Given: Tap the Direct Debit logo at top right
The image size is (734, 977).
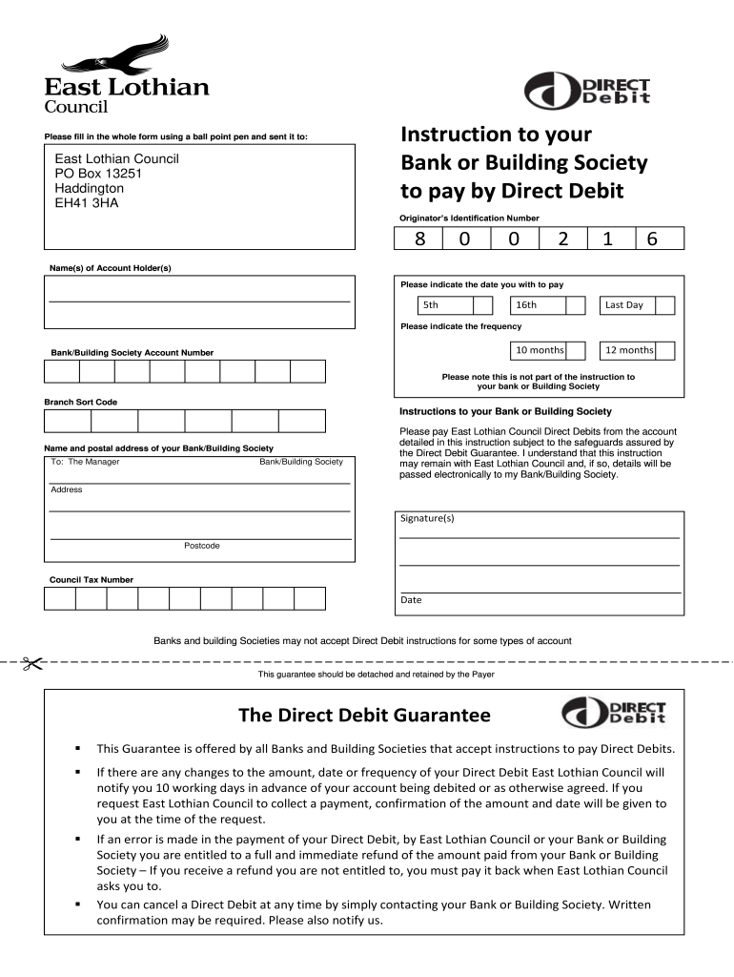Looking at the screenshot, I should [x=588, y=93].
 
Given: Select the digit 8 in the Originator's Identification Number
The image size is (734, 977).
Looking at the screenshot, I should [x=418, y=240].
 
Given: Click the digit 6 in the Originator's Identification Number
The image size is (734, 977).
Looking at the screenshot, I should [x=652, y=240].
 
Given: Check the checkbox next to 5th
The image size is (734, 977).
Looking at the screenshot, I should [x=483, y=305].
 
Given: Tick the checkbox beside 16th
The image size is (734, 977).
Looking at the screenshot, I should [x=576, y=305].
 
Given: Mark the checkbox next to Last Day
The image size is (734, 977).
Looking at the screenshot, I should [x=665, y=305].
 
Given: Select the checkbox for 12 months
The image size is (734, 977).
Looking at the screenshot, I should [x=665, y=351].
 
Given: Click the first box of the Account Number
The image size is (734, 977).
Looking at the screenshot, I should [x=62, y=372].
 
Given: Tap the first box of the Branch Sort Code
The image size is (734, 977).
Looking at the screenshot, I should [x=68, y=421].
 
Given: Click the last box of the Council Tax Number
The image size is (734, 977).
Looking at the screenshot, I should [x=310, y=598].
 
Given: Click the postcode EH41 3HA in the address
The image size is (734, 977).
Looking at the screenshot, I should [x=87, y=203].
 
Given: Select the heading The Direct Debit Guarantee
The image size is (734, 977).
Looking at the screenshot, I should [x=364, y=716].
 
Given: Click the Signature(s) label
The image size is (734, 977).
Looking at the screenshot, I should [x=427, y=518].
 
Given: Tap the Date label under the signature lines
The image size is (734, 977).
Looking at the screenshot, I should [x=411, y=600].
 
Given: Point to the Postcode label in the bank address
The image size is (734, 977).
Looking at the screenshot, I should [x=201, y=546].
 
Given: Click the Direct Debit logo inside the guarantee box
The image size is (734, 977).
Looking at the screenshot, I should [x=613, y=713].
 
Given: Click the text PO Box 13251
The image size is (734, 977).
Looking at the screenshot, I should [x=98, y=174].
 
